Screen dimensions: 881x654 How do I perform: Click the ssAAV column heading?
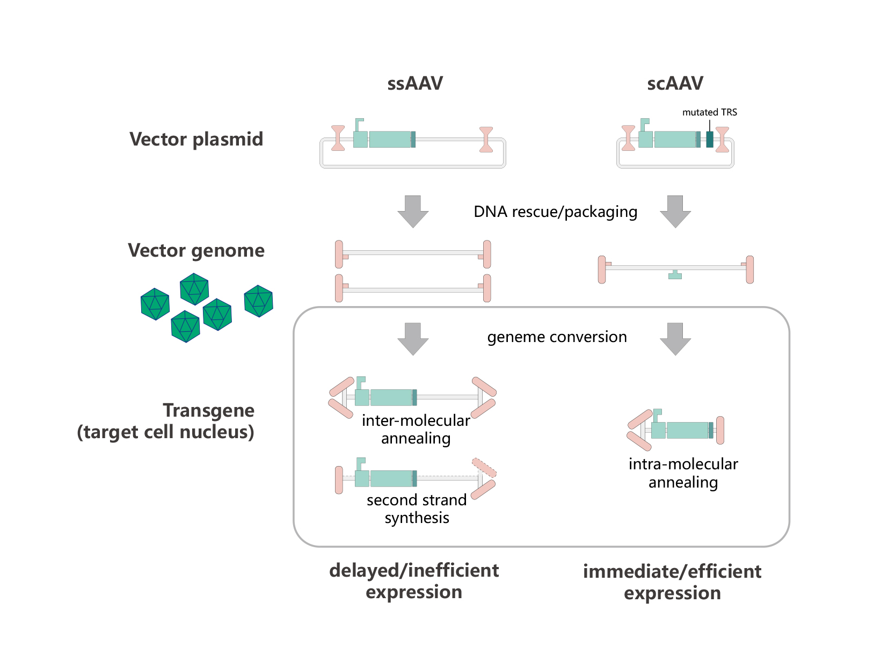pos(414,83)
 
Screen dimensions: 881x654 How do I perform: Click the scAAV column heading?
pos(675,83)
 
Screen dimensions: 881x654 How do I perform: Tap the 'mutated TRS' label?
pos(709,112)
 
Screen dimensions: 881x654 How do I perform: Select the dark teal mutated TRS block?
pos(709,140)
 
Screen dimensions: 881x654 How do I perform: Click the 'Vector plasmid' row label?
pos(196,140)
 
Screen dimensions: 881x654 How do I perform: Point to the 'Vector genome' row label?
pos(196,251)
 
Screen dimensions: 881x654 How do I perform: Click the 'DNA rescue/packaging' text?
pos(555,212)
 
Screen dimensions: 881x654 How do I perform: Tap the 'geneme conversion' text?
pos(557,337)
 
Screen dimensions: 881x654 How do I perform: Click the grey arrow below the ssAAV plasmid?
pos(413,212)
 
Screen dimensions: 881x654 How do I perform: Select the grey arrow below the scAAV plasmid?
pos(675,212)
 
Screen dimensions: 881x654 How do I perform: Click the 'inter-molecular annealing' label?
pos(416,429)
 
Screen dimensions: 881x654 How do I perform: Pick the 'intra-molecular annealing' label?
pos(683,473)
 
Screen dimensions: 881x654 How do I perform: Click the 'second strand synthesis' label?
pos(417,508)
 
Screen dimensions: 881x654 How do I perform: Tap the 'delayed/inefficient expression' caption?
pos(414,581)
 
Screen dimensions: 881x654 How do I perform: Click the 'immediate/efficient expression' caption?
pos(672,582)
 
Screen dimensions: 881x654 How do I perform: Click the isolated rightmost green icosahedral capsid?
pos(258,301)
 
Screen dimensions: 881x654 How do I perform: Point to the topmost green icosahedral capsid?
pos(194,289)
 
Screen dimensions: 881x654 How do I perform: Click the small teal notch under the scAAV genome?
pos(675,275)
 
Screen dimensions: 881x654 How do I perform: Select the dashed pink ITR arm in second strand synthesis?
pos(484,468)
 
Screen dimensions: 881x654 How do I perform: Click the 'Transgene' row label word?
pos(208,410)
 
